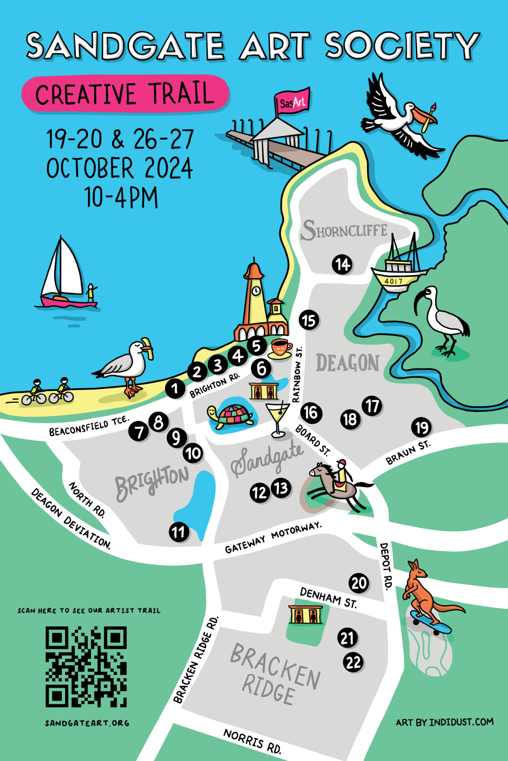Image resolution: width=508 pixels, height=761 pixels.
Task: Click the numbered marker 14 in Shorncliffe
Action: pyautogui.click(x=342, y=265)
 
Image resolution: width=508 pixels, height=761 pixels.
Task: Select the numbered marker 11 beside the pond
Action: pyautogui.click(x=179, y=532)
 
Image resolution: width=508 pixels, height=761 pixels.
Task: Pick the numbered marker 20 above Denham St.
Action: pyautogui.click(x=359, y=583)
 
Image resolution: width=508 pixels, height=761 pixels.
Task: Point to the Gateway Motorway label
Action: pyautogui.click(x=273, y=537)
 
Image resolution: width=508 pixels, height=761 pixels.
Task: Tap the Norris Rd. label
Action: pyautogui.click(x=252, y=741)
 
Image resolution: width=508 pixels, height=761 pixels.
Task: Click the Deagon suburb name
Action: pyautogui.click(x=348, y=363)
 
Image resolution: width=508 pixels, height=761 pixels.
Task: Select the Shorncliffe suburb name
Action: pyautogui.click(x=344, y=230)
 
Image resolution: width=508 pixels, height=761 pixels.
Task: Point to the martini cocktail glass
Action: pyautogui.click(x=277, y=418)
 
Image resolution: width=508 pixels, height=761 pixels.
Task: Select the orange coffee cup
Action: pyautogui.click(x=280, y=348)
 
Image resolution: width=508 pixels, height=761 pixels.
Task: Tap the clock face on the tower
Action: pyautogui.click(x=255, y=291)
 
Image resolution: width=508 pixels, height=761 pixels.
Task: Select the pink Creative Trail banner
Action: pyautogui.click(x=125, y=94)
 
